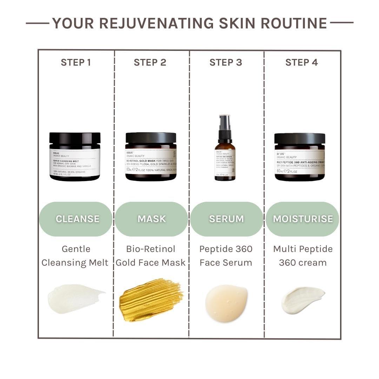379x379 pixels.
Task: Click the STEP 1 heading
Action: tap(76, 62)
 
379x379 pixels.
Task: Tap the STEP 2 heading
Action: tap(150, 62)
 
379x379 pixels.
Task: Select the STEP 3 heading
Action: tap(226, 62)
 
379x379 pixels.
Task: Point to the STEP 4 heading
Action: tap(301, 62)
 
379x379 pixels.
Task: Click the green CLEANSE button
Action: tap(76, 219)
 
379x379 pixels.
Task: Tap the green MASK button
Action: tap(151, 219)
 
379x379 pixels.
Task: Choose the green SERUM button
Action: tap(226, 219)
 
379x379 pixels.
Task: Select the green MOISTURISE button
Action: tap(302, 219)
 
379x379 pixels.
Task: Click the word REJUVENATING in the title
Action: tap(157, 23)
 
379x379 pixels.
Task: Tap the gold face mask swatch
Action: tap(151, 299)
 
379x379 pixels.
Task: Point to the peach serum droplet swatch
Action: tap(226, 302)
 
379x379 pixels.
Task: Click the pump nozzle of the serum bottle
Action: tap(225, 121)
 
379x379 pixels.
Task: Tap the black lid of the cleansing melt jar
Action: tap(75, 138)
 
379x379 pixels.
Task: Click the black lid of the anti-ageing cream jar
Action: tap(300, 138)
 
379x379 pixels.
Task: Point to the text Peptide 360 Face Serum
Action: tap(226, 255)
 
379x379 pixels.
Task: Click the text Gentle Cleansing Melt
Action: tap(75, 255)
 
